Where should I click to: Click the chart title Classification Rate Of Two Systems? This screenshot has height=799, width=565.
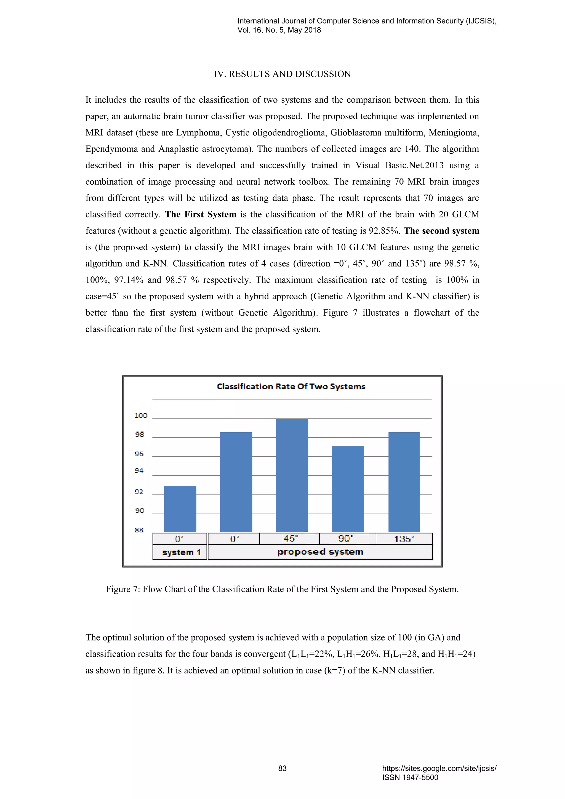coord(291,387)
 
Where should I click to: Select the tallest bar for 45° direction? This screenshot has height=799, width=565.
coord(292,475)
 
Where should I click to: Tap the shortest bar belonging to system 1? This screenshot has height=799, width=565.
coord(180,509)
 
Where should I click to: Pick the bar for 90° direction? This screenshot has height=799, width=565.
coord(348,489)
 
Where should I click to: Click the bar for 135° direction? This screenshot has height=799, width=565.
coord(404,482)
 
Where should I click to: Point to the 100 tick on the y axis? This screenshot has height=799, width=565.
coord(140,416)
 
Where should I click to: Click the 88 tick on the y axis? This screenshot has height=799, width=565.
coord(139,530)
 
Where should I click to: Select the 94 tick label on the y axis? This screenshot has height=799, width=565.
coord(139,470)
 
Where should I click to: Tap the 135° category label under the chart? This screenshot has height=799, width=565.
coord(404,539)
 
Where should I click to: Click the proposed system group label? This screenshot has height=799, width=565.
coord(320,552)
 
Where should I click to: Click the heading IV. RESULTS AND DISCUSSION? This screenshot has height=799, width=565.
coord(282,74)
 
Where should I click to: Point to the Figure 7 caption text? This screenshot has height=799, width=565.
coord(282,589)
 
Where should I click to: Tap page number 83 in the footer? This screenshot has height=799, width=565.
coord(282,768)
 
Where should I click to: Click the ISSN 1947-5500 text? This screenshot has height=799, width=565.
coord(410,777)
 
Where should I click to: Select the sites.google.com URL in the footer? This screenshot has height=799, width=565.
coord(439,768)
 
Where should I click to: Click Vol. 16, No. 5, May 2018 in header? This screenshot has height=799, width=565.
coord(279,30)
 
